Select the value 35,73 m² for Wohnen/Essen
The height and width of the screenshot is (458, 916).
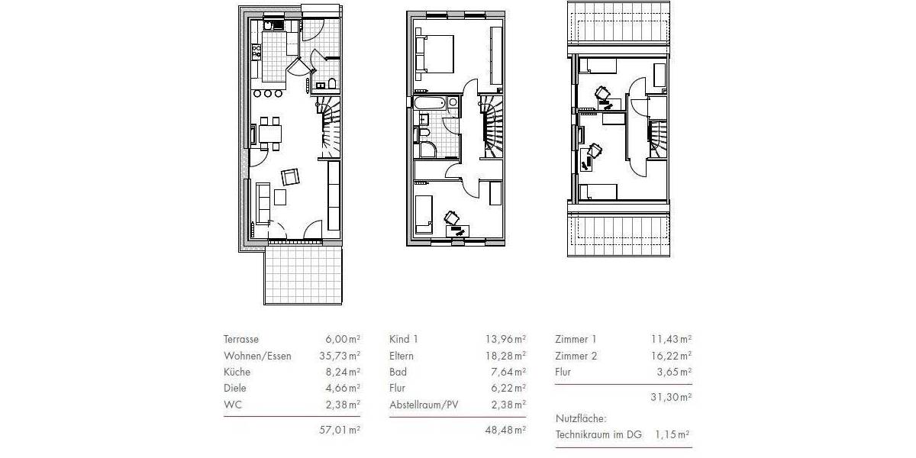(x=339, y=356)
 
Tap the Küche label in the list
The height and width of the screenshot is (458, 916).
(x=237, y=373)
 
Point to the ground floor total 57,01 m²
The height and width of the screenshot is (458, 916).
(x=339, y=430)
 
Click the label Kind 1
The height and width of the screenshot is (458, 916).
(x=404, y=339)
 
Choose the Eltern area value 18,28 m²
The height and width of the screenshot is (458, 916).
(x=505, y=356)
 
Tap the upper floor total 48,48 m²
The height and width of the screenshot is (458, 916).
(x=505, y=430)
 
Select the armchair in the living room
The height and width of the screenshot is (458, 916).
(x=291, y=177)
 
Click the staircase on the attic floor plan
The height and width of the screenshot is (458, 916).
(x=658, y=137)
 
